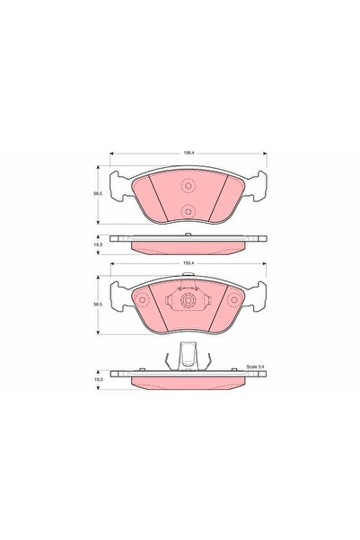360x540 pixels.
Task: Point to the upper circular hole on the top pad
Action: click(x=188, y=187)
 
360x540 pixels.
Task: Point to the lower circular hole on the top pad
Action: click(x=188, y=212)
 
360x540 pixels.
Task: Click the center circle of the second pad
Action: click(x=188, y=301)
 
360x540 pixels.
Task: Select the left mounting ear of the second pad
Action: click(x=115, y=292)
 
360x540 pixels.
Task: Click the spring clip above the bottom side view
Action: click(x=187, y=358)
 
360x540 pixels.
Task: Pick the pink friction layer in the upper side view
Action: click(x=188, y=245)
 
